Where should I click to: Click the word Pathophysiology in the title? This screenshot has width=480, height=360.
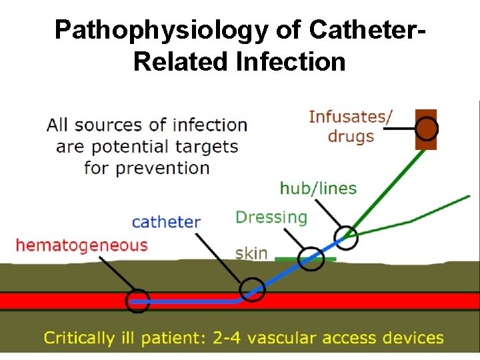pyautogui.click(x=177, y=29)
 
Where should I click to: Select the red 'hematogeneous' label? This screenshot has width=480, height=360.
pyautogui.click(x=81, y=246)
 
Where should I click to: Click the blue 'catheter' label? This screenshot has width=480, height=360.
pyautogui.click(x=166, y=222)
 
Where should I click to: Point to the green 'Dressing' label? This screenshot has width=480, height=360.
pyautogui.click(x=271, y=217)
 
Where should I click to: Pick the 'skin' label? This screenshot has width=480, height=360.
pyautogui.click(x=251, y=253)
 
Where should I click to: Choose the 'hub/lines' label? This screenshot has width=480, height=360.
pyautogui.click(x=318, y=189)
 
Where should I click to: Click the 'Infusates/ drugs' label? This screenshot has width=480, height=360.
pyautogui.click(x=351, y=127)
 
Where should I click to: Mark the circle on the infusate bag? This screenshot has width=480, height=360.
pyautogui.click(x=427, y=128)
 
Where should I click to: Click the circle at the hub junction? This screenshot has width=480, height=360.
pyautogui.click(x=346, y=235)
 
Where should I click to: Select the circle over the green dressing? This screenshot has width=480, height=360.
pyautogui.click(x=311, y=258)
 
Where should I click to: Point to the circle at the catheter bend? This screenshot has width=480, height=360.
pyautogui.click(x=253, y=289)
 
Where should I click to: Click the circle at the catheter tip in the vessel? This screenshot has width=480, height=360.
pyautogui.click(x=138, y=301)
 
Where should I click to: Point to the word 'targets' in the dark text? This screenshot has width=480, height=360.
pyautogui.click(x=207, y=146)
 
